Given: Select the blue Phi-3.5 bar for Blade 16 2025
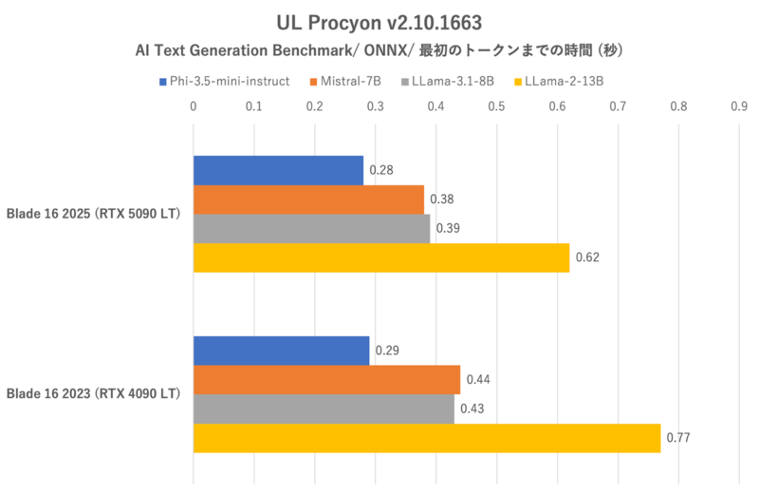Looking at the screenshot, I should click(x=278, y=171).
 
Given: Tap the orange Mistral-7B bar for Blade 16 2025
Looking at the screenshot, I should click(x=308, y=199).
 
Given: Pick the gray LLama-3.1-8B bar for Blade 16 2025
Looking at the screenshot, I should click(x=311, y=228).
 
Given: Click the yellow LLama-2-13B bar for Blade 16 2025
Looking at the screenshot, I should click(x=381, y=257).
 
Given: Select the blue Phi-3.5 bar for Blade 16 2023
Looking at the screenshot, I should click(x=281, y=351).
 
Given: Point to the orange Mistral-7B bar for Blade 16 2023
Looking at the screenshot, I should click(x=326, y=380).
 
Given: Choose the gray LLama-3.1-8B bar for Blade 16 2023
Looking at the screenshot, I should click(x=324, y=408).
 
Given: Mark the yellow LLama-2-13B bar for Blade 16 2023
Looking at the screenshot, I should click(x=427, y=438).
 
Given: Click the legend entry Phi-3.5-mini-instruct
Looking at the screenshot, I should click(x=231, y=82).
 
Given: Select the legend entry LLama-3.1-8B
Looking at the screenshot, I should click(x=451, y=82).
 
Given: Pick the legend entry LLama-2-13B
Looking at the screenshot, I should click(x=563, y=82).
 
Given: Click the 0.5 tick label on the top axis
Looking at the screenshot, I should click(x=496, y=106).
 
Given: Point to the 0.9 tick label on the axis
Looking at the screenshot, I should click(x=739, y=106).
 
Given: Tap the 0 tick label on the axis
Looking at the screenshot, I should click(x=194, y=106).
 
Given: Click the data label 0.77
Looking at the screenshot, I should click(x=677, y=439).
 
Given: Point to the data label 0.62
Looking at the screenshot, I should click(x=586, y=258).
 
